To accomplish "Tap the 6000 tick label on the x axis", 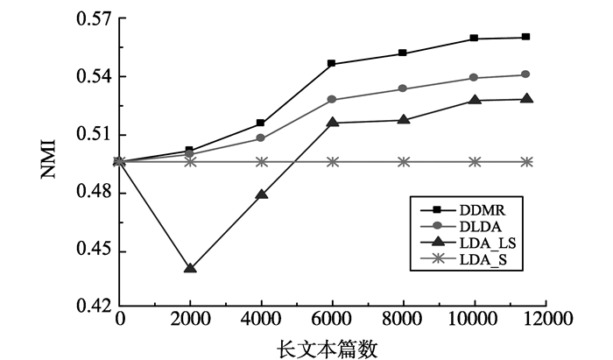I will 333,321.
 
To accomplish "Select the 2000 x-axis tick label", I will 190,321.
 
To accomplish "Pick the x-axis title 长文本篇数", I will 328,348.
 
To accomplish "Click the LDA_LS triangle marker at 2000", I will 190,268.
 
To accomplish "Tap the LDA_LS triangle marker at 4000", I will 261,194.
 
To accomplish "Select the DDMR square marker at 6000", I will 333,64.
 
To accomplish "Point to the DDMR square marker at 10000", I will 475,39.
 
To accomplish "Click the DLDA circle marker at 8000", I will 404,88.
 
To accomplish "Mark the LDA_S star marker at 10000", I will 475,161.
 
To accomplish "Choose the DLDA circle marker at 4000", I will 261,138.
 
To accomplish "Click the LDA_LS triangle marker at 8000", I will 404,120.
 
